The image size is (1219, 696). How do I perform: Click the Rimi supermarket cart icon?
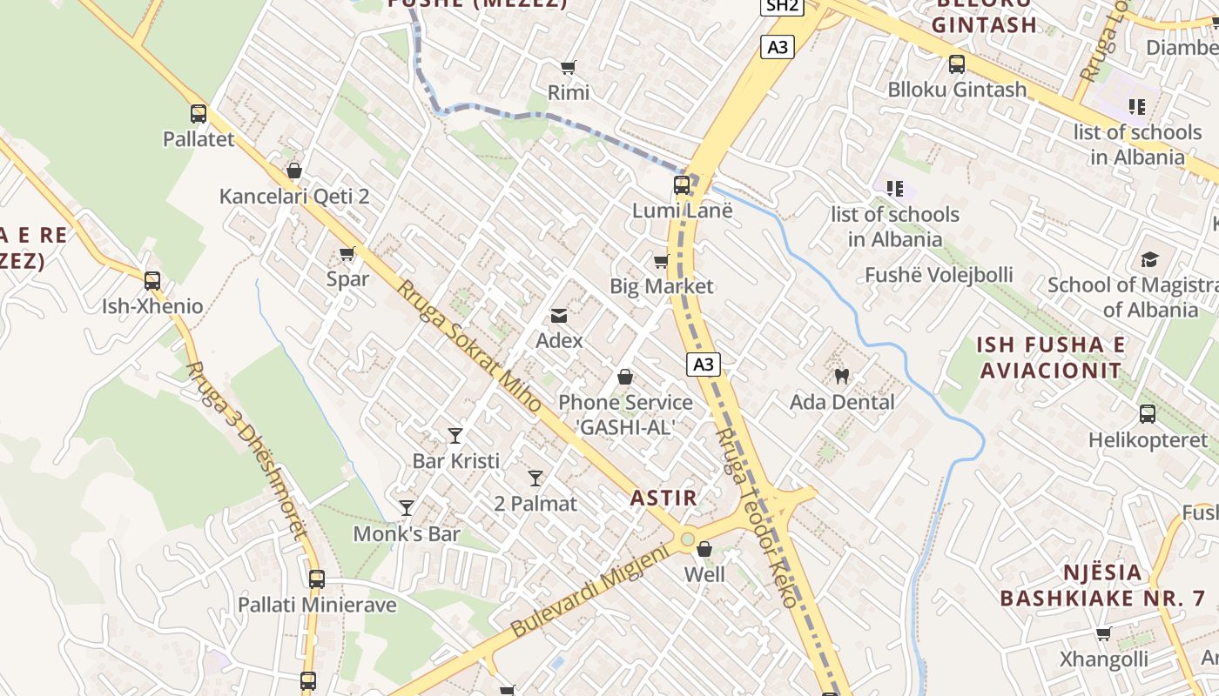[x=569, y=67]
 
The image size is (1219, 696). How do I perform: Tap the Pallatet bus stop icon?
[x=199, y=114]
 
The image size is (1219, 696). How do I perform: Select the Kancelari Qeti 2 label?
[x=294, y=196]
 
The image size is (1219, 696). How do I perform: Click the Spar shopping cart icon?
[x=347, y=254]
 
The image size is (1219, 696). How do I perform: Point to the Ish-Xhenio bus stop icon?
[x=152, y=281]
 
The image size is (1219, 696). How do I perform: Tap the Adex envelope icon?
[x=559, y=316]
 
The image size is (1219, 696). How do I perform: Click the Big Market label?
[x=661, y=286]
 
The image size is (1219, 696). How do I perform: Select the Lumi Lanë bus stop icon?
[x=682, y=185]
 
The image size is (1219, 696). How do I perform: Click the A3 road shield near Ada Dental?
[x=703, y=365]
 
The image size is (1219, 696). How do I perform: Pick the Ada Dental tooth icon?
[x=841, y=377]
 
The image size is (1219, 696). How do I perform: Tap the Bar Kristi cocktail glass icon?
[x=455, y=436]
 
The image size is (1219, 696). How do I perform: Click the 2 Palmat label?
[x=535, y=504]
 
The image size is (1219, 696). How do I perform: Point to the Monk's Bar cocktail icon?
[x=407, y=508]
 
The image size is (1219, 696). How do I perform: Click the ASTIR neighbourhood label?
[x=663, y=498]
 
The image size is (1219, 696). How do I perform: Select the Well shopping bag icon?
[x=704, y=550]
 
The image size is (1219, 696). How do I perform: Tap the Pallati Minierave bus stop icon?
[x=317, y=579]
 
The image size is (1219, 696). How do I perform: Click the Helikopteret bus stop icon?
[x=1148, y=414]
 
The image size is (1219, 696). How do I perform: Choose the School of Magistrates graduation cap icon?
[x=1150, y=260]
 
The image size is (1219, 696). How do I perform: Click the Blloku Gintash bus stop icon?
[x=957, y=64]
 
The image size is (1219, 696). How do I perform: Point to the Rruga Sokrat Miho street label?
[x=469, y=346]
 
